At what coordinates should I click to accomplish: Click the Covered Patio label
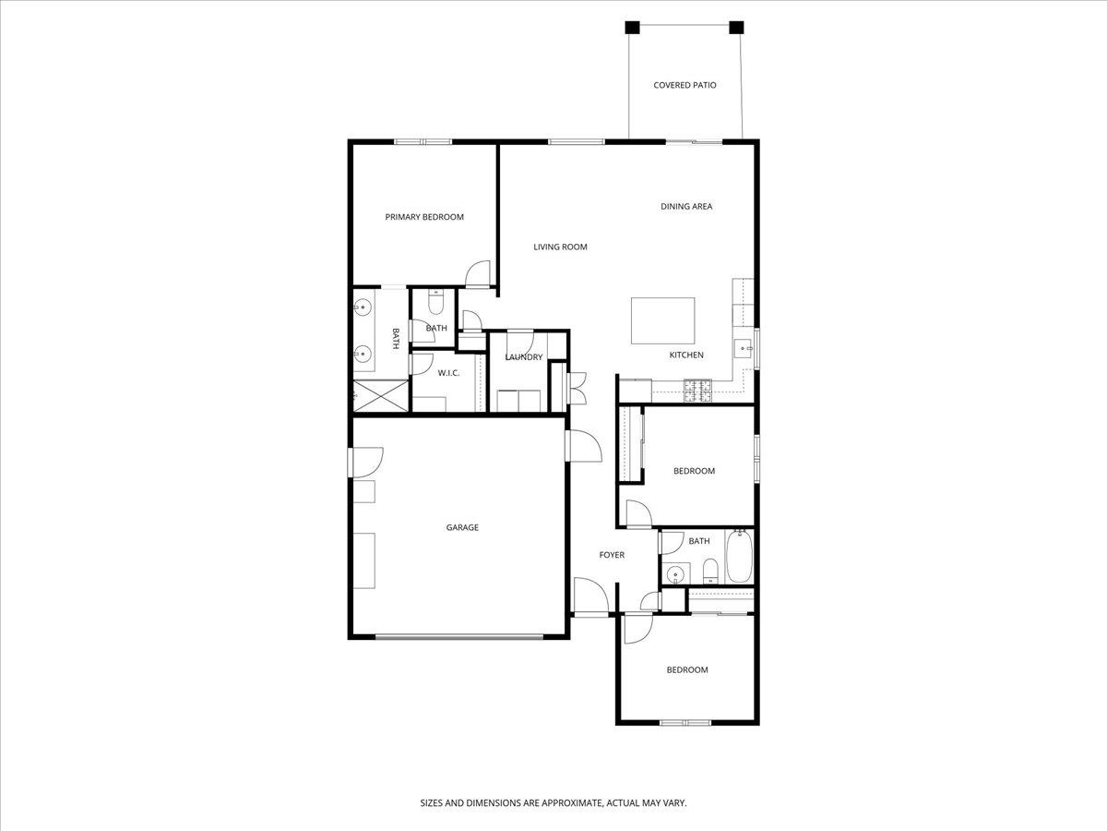(x=684, y=85)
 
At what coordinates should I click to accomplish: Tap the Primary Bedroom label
(x=424, y=217)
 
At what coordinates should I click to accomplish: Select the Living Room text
(x=560, y=247)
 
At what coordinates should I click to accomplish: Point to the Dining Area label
(x=686, y=206)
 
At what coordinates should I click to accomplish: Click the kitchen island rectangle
(x=663, y=320)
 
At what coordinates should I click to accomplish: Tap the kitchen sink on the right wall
(x=743, y=348)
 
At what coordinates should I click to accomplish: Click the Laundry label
(x=523, y=357)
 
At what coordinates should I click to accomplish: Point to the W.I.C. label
(x=448, y=373)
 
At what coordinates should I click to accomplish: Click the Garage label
(x=462, y=527)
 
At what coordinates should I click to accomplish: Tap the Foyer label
(x=612, y=555)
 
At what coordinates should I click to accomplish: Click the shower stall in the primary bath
(x=379, y=396)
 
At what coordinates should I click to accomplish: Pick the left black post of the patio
(x=632, y=27)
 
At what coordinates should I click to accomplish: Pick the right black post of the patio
(x=736, y=27)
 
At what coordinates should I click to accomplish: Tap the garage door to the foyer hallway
(x=582, y=447)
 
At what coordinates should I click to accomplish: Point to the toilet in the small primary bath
(x=436, y=302)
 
